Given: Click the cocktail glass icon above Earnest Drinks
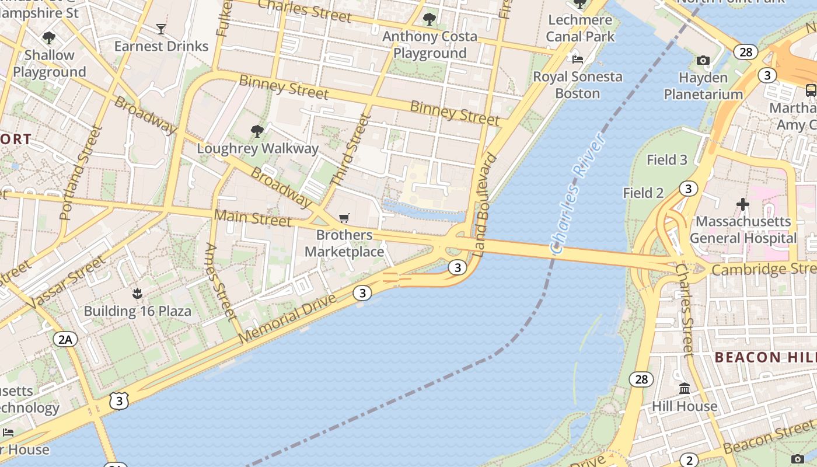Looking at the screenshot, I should pyautogui.click(x=161, y=29).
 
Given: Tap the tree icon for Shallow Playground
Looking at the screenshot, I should pyautogui.click(x=49, y=38).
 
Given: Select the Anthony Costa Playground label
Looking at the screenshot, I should pyautogui.click(x=430, y=45).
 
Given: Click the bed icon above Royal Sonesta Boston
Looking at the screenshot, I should pyautogui.click(x=578, y=59).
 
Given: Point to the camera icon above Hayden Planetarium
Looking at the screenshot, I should pyautogui.click(x=703, y=60).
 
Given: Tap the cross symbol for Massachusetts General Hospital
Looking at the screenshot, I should pyautogui.click(x=742, y=204).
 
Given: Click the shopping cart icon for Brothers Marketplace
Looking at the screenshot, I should pyautogui.click(x=344, y=218).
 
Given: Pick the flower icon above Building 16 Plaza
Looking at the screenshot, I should pyautogui.click(x=137, y=293).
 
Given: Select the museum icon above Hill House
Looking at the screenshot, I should pyautogui.click(x=685, y=388).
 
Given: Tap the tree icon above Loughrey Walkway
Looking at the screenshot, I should pyautogui.click(x=257, y=131).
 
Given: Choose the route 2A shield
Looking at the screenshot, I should pyautogui.click(x=65, y=339).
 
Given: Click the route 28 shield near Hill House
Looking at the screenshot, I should pyautogui.click(x=641, y=379).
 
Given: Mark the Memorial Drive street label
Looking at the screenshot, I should pyautogui.click(x=288, y=319).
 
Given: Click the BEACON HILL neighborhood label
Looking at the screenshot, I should pyautogui.click(x=764, y=357).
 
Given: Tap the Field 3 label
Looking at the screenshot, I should pyautogui.click(x=667, y=160).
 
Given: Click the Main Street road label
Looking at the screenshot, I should pyautogui.click(x=252, y=218).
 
